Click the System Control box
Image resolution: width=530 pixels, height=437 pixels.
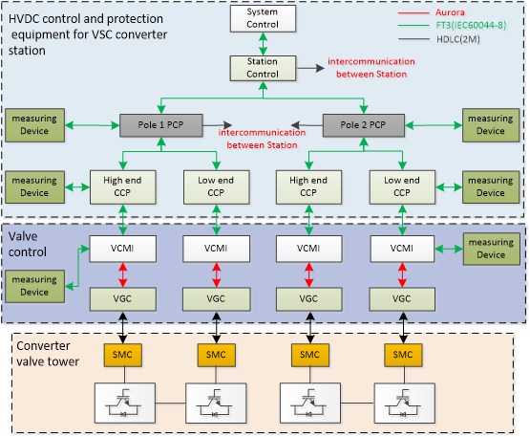263,18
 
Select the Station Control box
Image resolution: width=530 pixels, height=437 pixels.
263,69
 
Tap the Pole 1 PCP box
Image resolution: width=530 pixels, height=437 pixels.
161,125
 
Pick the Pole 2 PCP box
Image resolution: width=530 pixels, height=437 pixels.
364,125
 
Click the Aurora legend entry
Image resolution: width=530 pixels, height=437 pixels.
432,12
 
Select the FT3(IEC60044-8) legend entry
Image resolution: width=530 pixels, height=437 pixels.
453,26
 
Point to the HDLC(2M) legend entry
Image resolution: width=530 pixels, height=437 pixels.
439,39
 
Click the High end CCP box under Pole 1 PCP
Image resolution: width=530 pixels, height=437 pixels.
122,187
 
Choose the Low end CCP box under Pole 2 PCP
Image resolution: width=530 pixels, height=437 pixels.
402,187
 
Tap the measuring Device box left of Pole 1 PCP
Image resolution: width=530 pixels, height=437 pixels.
34,125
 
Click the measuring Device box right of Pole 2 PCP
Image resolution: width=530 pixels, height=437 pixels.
491,125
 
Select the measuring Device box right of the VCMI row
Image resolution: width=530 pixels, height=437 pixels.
492,249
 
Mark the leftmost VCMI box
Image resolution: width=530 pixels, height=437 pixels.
122,249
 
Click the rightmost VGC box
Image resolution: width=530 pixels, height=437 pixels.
402,299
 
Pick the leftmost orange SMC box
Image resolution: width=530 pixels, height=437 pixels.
122,355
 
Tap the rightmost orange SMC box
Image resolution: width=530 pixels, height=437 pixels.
403,355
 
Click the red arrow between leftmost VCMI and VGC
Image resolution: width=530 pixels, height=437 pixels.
122,274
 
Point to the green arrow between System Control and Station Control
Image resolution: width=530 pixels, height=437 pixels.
263,44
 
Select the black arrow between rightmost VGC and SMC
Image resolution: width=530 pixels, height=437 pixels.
403,328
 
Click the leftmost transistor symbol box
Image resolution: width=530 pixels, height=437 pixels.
125,404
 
